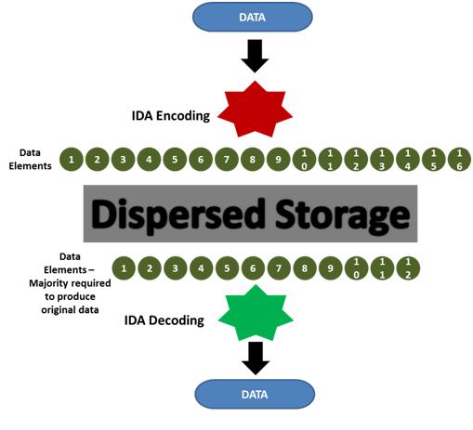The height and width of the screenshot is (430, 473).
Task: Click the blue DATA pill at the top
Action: pos(253,17)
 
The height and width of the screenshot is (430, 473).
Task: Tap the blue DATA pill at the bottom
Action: pos(255,394)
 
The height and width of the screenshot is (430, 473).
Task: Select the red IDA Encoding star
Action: pos(255,110)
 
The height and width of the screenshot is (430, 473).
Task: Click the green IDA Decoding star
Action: pos(256,313)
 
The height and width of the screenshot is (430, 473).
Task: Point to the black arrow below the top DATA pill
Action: pos(255,56)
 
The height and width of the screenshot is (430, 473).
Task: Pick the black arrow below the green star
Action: pos(256,358)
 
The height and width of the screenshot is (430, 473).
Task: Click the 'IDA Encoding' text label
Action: pos(171,116)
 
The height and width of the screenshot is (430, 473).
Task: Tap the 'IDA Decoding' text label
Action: pos(164,320)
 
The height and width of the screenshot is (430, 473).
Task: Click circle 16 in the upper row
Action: pos(459,160)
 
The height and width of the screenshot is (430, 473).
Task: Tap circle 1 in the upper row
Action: pos(72,160)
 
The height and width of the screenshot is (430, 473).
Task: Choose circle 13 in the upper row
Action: pos(382,160)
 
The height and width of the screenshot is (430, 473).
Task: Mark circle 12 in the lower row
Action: pos(408,268)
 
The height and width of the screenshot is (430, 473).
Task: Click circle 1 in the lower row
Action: pos(124,268)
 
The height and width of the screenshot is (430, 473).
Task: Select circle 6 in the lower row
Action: pos(253,268)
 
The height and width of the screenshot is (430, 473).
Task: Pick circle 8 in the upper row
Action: pos(253,160)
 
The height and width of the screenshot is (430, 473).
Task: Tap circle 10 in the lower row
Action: pos(356,268)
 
